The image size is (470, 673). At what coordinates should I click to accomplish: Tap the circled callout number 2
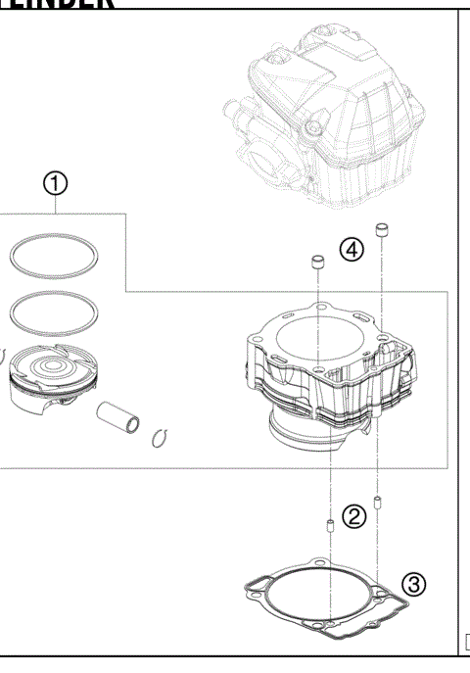pos(356,514)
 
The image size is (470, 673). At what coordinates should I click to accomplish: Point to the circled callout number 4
pos(352,249)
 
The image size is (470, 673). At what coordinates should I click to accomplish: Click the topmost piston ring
pos(55,256)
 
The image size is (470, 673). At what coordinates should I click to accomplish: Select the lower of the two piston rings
pos(55,312)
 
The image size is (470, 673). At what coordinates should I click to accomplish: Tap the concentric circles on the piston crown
pos(54,368)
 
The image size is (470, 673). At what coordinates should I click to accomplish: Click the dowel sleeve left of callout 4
pos(317,263)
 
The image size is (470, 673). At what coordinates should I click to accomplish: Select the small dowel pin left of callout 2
pos(330,527)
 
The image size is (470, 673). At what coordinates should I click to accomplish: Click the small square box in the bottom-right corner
pos(465,643)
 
